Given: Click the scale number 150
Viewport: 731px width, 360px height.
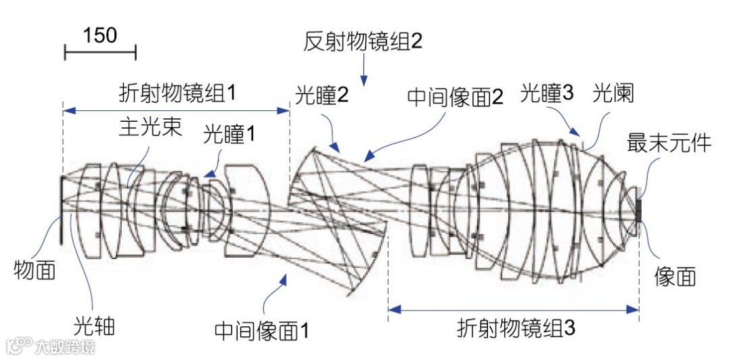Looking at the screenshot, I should [100, 35].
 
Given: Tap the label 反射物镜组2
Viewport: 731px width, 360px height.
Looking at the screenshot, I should [363, 41].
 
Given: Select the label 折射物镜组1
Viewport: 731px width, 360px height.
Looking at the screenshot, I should [177, 91].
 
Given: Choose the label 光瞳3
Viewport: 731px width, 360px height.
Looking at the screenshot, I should [547, 93].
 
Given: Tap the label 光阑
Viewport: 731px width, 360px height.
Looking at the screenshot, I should [613, 93].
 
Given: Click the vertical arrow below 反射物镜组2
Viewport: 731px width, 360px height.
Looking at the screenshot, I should [363, 70].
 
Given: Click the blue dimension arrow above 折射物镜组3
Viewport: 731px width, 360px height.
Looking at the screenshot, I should [514, 310].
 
